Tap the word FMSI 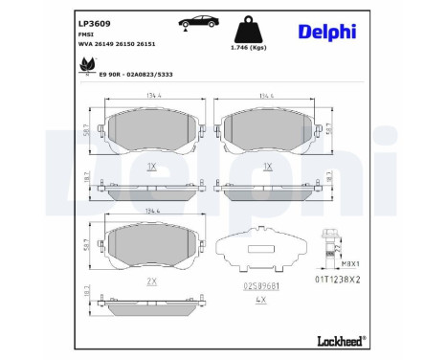(x=84, y=33)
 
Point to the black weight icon (x=241, y=25)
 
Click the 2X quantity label (x=151, y=281)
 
